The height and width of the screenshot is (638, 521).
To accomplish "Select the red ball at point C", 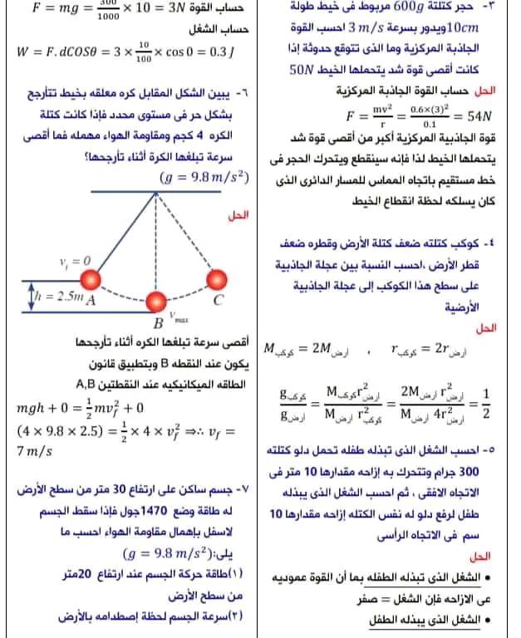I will [x=219, y=278].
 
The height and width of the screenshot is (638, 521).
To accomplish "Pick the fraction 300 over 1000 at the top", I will [x=107, y=8].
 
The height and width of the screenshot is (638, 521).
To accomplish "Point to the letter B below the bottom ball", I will [x=156, y=322].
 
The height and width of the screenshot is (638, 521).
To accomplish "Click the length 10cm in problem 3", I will [x=489, y=30].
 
